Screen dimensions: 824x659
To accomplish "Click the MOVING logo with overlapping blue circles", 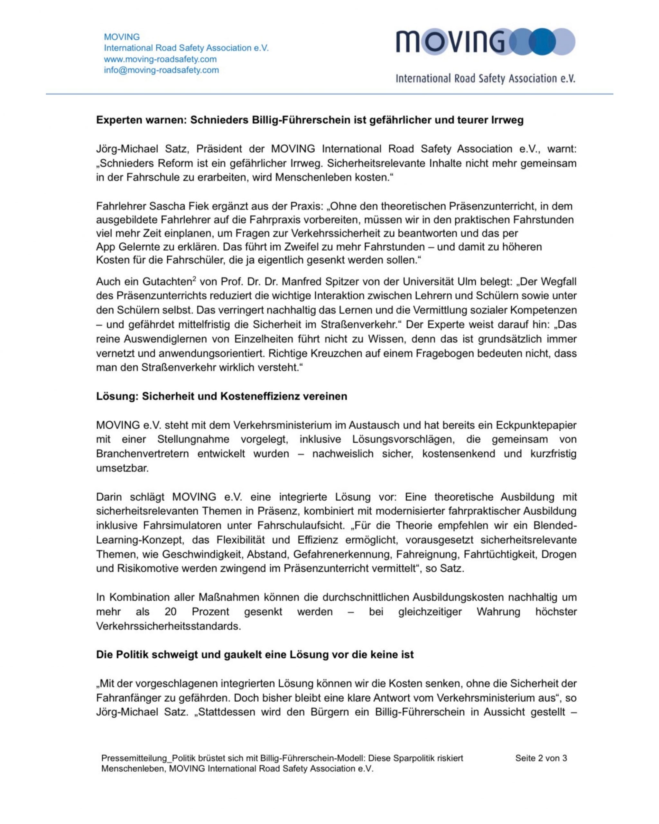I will pos(485,41).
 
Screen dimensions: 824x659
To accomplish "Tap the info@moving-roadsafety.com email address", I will pos(161,70).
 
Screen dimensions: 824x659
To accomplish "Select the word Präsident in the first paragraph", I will pos(219,149).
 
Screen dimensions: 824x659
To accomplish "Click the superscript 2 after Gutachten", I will pos(194,279).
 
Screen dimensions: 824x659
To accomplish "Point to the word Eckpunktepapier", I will pos(536,426).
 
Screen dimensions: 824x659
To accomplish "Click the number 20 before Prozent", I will pos(171,612).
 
